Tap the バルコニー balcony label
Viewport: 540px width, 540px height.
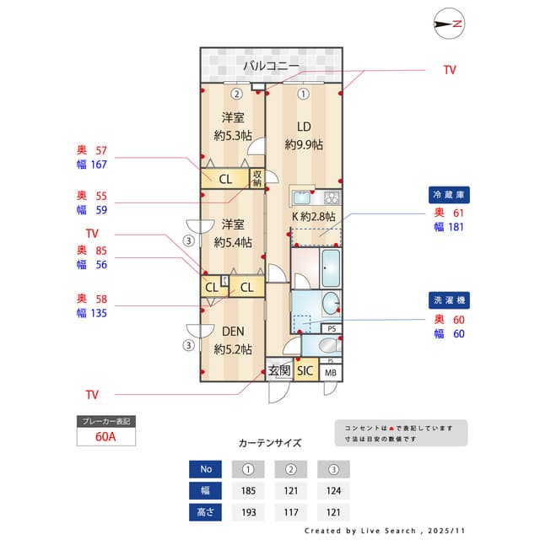(x=271, y=65)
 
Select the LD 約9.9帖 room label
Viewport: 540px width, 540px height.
(x=304, y=136)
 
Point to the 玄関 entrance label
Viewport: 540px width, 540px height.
(x=278, y=370)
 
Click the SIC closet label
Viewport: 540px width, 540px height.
(x=305, y=370)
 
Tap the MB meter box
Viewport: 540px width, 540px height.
(x=331, y=372)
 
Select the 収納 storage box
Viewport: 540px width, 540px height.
(x=257, y=178)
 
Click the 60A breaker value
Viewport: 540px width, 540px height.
(x=106, y=437)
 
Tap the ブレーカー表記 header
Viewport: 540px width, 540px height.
(x=106, y=420)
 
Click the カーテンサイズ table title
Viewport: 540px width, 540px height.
(x=270, y=442)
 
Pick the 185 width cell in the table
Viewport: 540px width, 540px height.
(x=248, y=490)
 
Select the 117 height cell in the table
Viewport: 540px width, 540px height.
(x=291, y=512)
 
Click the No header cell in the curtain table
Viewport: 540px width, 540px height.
(x=206, y=468)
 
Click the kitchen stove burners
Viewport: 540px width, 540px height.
(x=331, y=198)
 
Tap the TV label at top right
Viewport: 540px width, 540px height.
(x=449, y=70)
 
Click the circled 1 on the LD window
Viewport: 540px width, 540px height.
(x=301, y=94)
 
